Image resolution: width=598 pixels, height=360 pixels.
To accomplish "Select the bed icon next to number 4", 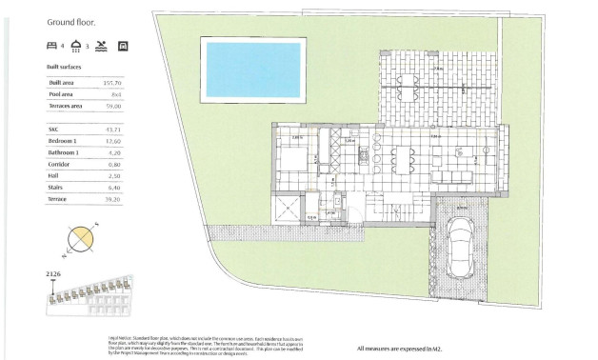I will pyautogui.click(x=51, y=45).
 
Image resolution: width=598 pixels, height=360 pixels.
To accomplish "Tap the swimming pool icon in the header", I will pyautogui.click(x=101, y=45).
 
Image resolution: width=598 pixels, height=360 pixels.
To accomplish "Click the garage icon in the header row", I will pyautogui.click(x=123, y=45).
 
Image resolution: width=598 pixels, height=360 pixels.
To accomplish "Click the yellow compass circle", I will pyautogui.click(x=81, y=238).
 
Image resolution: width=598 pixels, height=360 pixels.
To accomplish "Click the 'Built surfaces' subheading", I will pyautogui.click(x=65, y=68).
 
